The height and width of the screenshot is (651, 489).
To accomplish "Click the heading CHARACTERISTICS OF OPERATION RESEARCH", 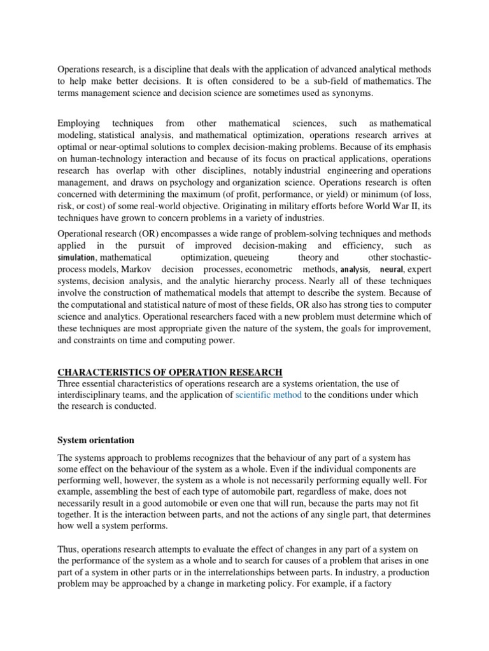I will click(170, 372).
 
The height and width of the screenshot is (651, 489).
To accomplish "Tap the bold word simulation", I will click(76, 257).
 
